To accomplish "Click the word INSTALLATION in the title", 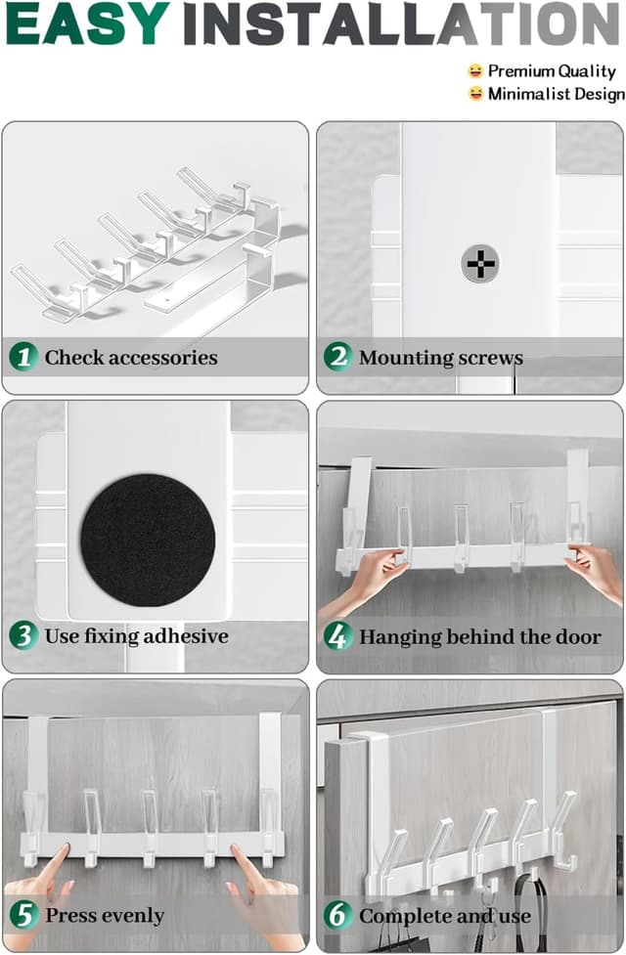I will click(400, 24).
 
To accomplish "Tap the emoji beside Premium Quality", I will click(475, 71).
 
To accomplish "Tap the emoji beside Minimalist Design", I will click(475, 94).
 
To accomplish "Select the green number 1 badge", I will click(23, 357).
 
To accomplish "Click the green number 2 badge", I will click(337, 357).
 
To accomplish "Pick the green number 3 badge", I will click(23, 636).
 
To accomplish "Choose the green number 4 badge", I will click(337, 637).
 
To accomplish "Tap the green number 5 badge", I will click(23, 916).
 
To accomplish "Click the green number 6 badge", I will click(337, 916).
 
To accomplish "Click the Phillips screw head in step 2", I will click(479, 263).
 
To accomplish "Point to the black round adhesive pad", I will click(148, 540).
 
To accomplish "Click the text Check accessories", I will click(131, 358).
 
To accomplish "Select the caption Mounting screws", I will click(440, 358).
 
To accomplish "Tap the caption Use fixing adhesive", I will click(136, 637).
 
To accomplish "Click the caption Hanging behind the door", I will click(479, 637).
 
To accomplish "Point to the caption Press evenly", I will click(105, 917).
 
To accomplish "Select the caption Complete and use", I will click(444, 917).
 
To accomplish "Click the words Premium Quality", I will click(552, 71).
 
